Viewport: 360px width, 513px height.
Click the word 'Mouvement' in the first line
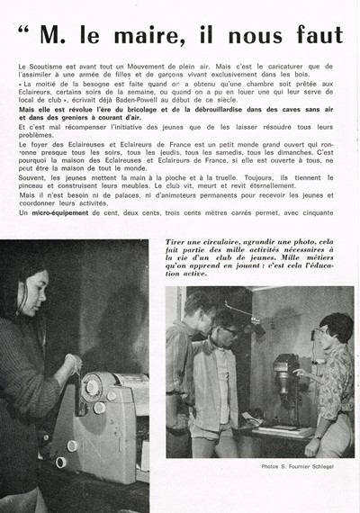click(x=156, y=68)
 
